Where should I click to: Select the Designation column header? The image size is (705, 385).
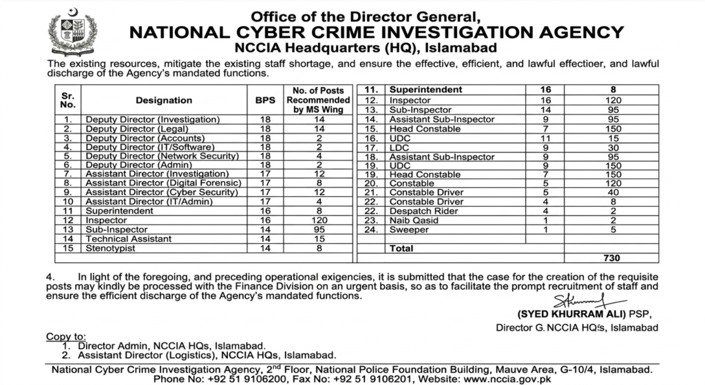164,100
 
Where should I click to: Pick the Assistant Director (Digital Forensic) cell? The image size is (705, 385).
162,183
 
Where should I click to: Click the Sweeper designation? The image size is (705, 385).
410,229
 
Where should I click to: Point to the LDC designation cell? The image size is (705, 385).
400,147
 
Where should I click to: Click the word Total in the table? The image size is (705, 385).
402,247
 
